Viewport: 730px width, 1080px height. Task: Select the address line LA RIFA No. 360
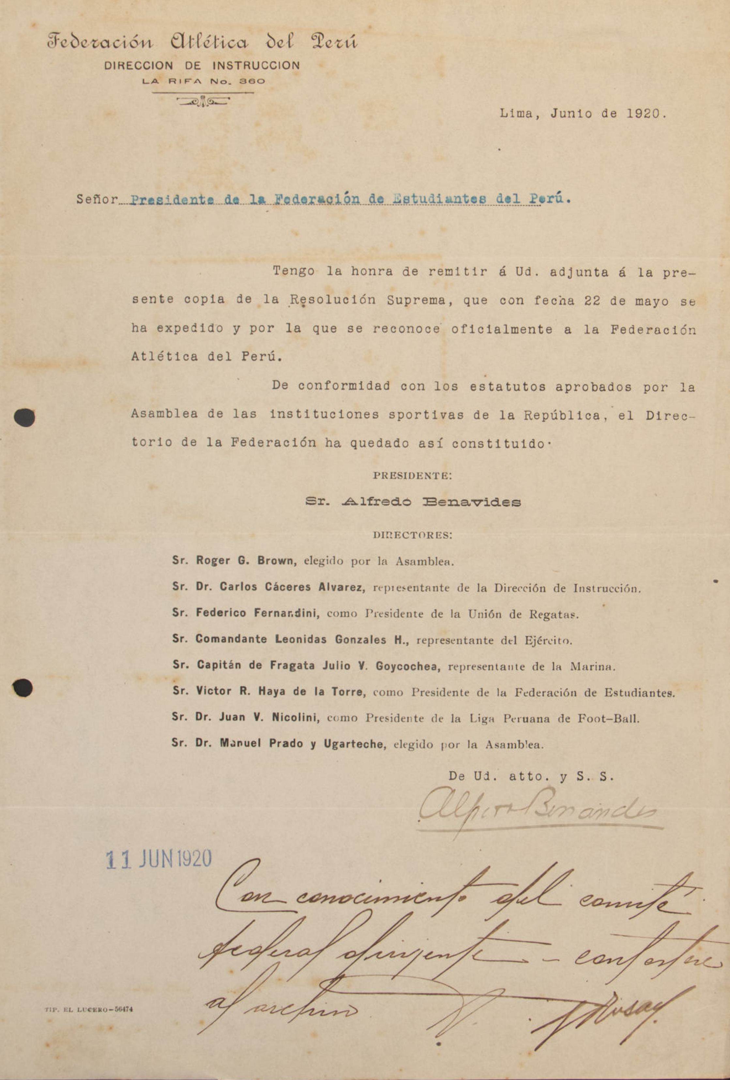204,81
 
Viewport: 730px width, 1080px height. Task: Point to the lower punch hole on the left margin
22,687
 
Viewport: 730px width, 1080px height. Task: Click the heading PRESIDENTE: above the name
412,476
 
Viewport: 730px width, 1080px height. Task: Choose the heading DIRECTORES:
412,535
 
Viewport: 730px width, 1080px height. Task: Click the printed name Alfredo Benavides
431,502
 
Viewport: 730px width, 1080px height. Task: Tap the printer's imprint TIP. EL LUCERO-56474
89,1010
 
